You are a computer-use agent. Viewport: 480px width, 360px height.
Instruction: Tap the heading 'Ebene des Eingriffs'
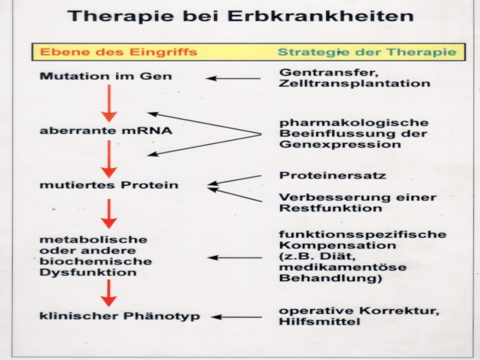[118, 52]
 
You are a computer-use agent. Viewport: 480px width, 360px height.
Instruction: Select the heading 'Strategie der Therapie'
[367, 52]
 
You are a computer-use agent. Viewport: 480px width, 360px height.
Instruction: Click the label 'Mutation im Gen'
[105, 77]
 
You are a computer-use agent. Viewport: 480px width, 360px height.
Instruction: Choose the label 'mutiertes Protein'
[109, 185]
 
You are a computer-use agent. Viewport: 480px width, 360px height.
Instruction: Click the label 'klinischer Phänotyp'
[120, 316]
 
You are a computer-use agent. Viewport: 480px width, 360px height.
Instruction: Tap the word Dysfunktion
[88, 272]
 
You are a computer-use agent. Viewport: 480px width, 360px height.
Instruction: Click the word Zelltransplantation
[355, 84]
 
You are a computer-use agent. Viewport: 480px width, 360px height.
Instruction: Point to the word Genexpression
[340, 145]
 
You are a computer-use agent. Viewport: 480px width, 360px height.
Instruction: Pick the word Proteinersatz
[332, 176]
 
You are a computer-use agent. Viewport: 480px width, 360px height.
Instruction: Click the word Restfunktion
[330, 208]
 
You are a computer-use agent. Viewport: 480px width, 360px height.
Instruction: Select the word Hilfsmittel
[319, 322]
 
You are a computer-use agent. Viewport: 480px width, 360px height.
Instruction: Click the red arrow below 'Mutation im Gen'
[109, 103]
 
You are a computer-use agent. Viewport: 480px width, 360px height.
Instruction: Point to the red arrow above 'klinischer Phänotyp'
[109, 293]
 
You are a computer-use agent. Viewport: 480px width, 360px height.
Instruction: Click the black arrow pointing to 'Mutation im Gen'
[233, 78]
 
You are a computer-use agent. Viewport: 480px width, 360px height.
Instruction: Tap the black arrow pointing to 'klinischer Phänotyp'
[237, 317]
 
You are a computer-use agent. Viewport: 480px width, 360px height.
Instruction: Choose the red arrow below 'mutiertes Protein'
[109, 212]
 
